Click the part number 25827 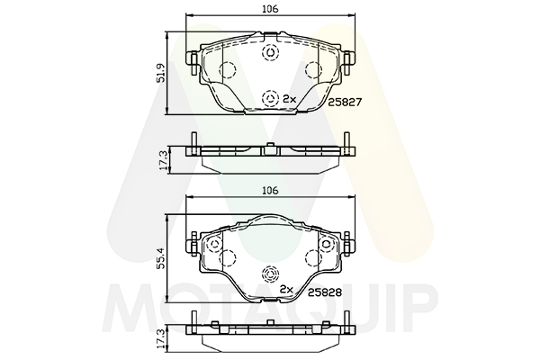[345, 103]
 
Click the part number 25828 [325, 292]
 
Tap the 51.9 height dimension [161, 73]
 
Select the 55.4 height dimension [161, 258]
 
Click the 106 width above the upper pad [270, 9]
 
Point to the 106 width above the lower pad [270, 190]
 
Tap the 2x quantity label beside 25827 [289, 99]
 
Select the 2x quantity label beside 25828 [286, 290]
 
